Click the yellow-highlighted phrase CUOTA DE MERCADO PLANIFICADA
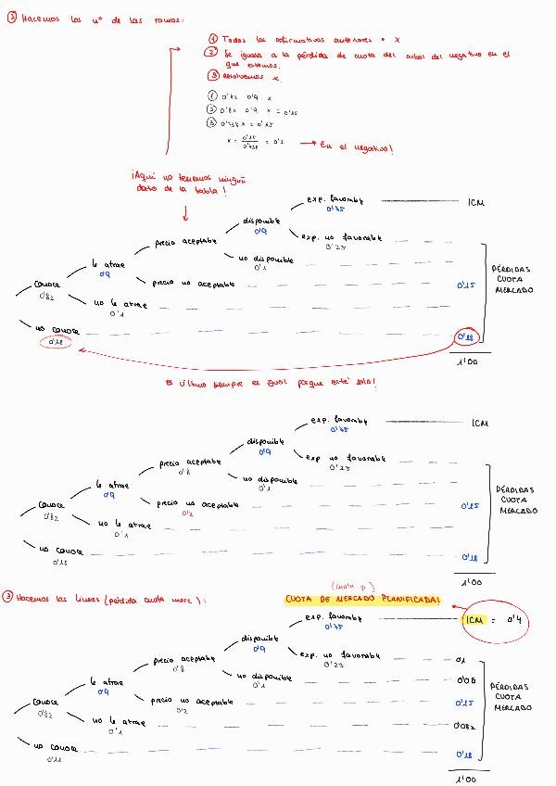tap(362, 600)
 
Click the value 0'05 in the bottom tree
tap(465, 680)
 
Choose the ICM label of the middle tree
tap(479, 424)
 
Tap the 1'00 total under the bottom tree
tap(467, 779)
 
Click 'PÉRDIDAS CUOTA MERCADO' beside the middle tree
tap(514, 501)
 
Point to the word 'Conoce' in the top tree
tap(46, 285)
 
